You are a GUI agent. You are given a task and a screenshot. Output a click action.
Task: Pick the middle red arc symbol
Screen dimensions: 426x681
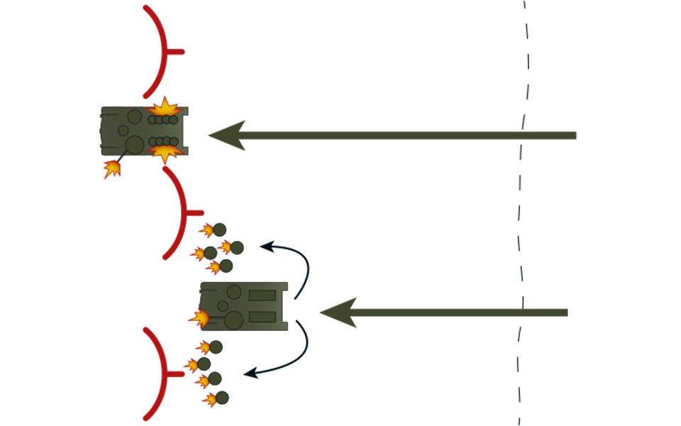coord(179,212)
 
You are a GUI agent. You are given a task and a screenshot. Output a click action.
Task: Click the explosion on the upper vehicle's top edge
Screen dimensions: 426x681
coord(165,109)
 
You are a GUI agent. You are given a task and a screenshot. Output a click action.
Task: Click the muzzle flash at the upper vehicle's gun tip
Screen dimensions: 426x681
coord(111,169)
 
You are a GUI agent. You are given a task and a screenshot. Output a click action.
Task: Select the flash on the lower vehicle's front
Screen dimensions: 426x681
coord(200,317)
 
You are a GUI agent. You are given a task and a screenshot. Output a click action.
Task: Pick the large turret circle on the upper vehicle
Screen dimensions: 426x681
coord(134,146)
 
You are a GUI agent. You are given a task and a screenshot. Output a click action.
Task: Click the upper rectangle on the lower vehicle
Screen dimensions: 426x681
coord(262,295)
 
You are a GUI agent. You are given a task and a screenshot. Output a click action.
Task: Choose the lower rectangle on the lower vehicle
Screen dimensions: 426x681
coord(262,317)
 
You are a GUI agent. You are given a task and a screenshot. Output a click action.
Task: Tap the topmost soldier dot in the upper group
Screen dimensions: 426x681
coord(220,229)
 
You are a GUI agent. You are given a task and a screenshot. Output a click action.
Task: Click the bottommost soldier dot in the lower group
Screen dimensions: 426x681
coord(222,398)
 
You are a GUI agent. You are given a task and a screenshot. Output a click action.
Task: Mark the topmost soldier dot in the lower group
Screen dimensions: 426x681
coord(216,347)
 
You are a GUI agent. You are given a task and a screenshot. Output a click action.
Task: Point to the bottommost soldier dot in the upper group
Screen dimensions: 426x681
coord(226,266)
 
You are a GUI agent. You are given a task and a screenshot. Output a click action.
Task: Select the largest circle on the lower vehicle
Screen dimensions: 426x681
coord(233,321)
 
